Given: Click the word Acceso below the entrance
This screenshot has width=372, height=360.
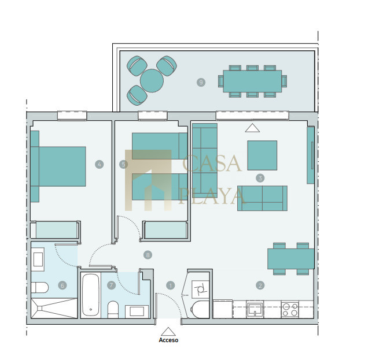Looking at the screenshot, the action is pos(168,340).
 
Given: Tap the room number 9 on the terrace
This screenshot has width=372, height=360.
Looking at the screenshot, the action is pos(201,82).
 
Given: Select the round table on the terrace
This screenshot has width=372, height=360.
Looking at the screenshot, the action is pos(152,80).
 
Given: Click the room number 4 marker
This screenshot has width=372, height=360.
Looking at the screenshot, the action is pos(99,164).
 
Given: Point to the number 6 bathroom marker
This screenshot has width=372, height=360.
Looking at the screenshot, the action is pos(62,285).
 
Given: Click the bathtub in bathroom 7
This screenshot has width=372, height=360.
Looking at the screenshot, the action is pos(91,295).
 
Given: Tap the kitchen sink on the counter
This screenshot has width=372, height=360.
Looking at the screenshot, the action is pos(255,309).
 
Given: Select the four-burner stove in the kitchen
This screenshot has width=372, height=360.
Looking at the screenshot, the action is pos(290,309).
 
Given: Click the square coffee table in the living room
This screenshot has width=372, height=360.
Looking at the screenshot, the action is pos(262,155).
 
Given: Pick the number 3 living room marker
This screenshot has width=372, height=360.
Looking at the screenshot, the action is pos(260,178).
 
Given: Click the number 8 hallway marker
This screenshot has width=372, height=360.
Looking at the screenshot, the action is pos(148,255).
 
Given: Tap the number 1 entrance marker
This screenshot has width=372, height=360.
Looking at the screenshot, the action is pos(170,285).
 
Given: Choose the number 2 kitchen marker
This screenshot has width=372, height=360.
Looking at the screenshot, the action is pos(260,285).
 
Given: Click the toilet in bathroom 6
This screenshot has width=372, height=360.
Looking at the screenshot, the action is pos(39,287).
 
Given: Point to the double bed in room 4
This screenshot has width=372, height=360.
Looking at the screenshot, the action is pos(58,166).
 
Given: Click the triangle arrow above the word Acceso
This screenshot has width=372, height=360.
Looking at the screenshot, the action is pos(168,332).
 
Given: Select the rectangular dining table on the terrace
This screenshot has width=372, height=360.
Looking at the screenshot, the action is pos(252,81).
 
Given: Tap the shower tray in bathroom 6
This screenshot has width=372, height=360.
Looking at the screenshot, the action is pos(54,308).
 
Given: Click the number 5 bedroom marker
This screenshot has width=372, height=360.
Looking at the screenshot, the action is pos(123,164).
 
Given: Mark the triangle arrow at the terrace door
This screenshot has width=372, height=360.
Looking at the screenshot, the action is pos(252,128).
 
